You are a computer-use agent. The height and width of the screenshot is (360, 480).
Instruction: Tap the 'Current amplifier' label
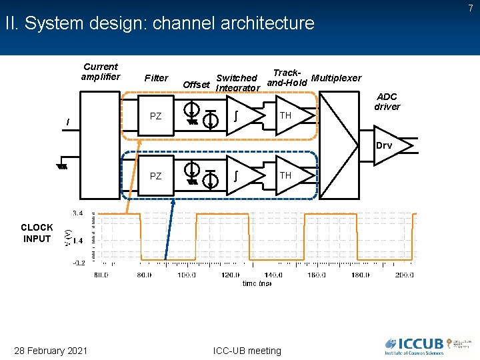(100, 71)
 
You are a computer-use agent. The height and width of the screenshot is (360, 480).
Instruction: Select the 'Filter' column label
(156, 78)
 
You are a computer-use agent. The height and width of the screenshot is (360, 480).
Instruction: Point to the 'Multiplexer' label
(336, 78)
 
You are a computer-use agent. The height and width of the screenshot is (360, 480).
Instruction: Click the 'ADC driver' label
(387, 101)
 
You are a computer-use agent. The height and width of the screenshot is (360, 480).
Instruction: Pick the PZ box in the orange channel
(156, 116)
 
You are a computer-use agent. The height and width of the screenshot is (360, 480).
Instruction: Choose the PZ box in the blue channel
(156, 176)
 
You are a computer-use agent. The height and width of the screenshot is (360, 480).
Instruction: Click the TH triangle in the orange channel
(289, 115)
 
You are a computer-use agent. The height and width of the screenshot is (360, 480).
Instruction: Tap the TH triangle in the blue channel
(289, 175)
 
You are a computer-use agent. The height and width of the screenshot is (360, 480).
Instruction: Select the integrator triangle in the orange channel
(239, 115)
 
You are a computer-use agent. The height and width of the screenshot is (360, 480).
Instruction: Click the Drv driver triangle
(387, 146)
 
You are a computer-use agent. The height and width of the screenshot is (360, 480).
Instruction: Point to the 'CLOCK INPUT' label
(37, 233)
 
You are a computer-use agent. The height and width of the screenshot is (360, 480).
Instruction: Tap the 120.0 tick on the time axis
(230, 274)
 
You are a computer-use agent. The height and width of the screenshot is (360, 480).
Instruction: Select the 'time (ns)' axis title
(257, 283)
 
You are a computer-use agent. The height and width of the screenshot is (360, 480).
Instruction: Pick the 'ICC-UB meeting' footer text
(246, 351)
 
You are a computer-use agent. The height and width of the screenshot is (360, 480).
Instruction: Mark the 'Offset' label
(196, 85)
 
